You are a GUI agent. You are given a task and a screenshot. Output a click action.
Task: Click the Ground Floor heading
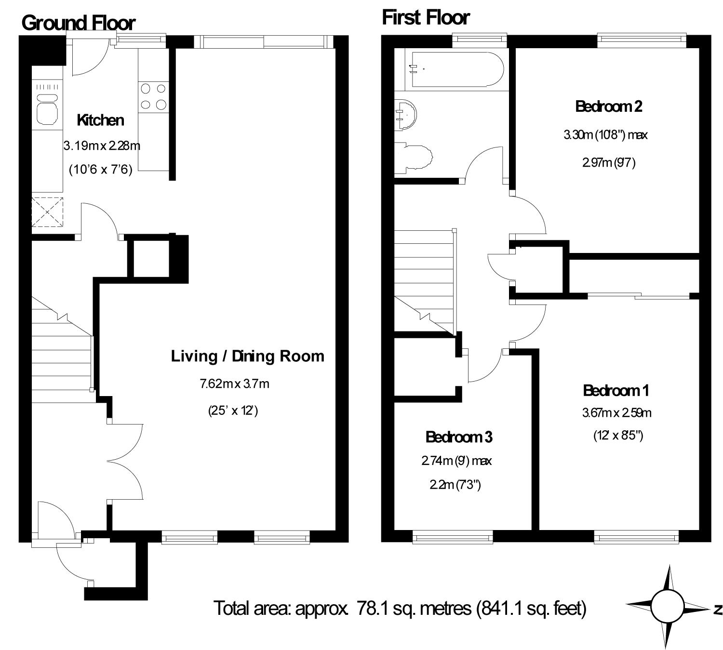tap(78, 23)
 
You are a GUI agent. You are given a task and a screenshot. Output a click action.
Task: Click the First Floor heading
tap(426, 18)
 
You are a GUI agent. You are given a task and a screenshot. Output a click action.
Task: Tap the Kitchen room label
tap(101, 120)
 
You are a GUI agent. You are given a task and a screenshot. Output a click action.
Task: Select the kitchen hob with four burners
tap(154, 97)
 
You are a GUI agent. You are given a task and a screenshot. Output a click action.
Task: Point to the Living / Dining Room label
tap(248, 356)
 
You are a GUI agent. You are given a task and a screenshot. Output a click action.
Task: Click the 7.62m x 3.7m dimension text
tap(235, 384)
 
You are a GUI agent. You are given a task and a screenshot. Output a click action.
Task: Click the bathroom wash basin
tap(406, 115)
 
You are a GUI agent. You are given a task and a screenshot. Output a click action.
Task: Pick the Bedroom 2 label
tap(609, 106)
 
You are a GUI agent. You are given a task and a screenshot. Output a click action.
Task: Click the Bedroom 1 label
tap(616, 391)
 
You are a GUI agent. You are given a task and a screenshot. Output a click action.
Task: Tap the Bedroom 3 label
tap(459, 437)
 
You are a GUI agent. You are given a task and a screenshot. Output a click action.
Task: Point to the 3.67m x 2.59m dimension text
tap(616, 413)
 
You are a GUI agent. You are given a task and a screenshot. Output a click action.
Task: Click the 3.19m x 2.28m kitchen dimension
tap(102, 146)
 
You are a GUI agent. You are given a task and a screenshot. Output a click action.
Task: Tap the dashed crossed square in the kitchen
tap(48, 212)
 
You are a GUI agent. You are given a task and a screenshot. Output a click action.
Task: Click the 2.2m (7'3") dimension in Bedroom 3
tap(455, 485)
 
